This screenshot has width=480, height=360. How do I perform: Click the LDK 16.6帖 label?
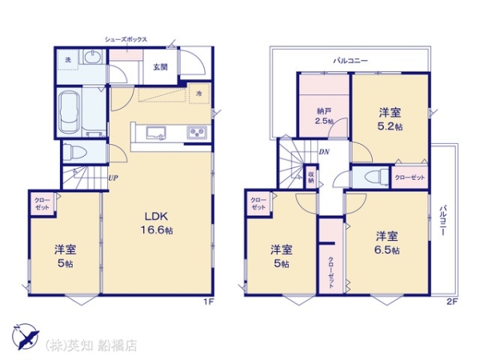point(157,223)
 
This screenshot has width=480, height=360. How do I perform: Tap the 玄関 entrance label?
point(161,67)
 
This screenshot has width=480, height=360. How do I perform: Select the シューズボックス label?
point(126,39)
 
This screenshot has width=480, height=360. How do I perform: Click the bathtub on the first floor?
point(70,112)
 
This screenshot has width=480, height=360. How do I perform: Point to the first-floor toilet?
point(75,151)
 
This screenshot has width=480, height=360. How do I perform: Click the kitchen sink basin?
point(156,134)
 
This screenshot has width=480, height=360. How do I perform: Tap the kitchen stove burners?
point(197,133)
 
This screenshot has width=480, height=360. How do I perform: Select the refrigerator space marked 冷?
point(199,94)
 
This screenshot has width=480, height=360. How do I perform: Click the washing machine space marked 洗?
point(68,60)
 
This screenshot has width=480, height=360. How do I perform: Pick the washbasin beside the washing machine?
point(93,57)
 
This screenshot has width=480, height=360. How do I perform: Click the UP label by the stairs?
point(114,178)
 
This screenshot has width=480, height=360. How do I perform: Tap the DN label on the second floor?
point(324,151)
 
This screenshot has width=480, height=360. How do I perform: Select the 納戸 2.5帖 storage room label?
point(324,116)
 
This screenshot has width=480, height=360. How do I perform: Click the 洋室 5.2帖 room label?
point(390,119)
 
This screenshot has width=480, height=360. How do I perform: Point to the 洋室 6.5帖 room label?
point(387,243)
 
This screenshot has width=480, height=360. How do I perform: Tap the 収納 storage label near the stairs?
point(311,178)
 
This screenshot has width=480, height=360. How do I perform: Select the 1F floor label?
point(209,302)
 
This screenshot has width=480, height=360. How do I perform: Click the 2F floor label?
point(452,302)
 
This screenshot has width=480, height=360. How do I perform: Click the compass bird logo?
point(26,336)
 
